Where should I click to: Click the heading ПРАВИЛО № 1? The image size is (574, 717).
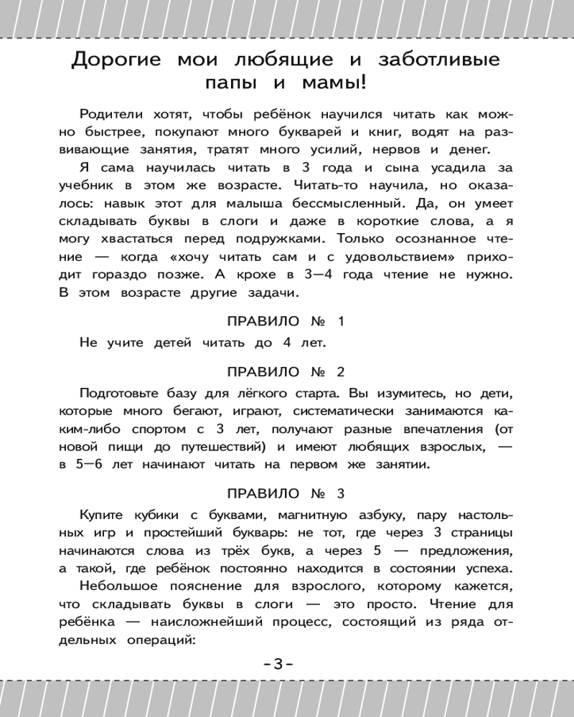pyautogui.click(x=286, y=320)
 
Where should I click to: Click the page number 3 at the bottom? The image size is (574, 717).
pyautogui.click(x=278, y=665)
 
